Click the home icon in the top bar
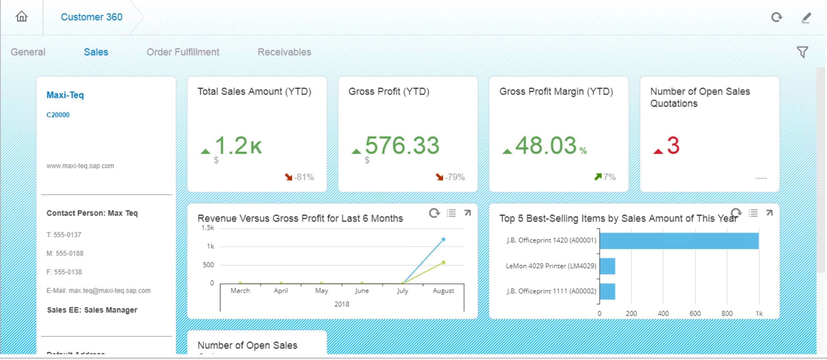pyautogui.click(x=22, y=16)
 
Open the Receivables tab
pyautogui.click(x=284, y=52)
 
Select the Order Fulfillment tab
pyautogui.click(x=183, y=52)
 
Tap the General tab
pyautogui.click(x=28, y=52)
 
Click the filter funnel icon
pyautogui.click(x=802, y=52)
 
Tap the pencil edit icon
pyautogui.click(x=806, y=17)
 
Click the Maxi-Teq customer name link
pyautogui.click(x=65, y=95)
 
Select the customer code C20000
pyautogui.click(x=58, y=115)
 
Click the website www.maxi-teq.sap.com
pyautogui.click(x=80, y=166)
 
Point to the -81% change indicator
pyautogui.click(x=299, y=177)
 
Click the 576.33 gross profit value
pyautogui.click(x=402, y=146)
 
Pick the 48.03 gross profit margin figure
pyautogui.click(x=546, y=146)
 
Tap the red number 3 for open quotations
pyautogui.click(x=673, y=146)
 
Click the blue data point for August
pyautogui.click(x=443, y=239)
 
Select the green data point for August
pyautogui.click(x=443, y=263)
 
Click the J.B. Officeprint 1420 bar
pyautogui.click(x=679, y=241)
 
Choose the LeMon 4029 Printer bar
pyautogui.click(x=607, y=266)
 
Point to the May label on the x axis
pyautogui.click(x=321, y=291)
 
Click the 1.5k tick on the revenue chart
pyautogui.click(x=208, y=228)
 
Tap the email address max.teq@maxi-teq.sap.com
pyautogui.click(x=109, y=291)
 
